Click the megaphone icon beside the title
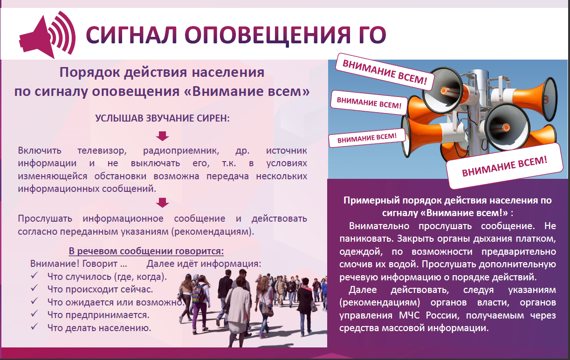click(47, 35)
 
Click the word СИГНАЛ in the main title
click(131, 35)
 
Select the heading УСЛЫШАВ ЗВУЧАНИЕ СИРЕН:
click(162, 118)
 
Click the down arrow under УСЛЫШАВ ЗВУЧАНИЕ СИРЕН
click(162, 136)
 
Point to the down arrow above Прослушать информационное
click(162, 203)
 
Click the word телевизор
click(102, 151)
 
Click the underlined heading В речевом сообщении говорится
click(146, 251)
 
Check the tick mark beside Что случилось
click(34, 276)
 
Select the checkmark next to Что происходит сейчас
click(34, 288)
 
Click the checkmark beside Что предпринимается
click(34, 314)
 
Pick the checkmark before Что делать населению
click(34, 326)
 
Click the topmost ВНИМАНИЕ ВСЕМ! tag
click(385, 72)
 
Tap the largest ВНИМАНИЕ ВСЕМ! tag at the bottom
click(504, 166)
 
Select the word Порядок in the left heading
click(89, 73)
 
